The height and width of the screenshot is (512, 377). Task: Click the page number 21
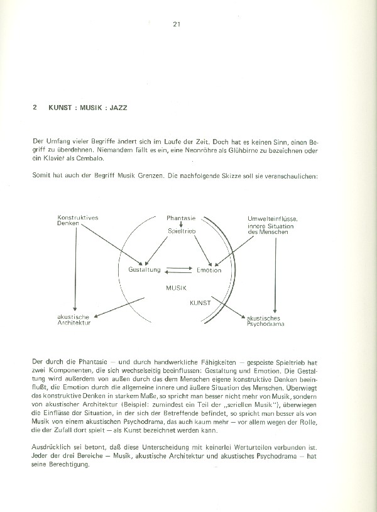[x=177, y=25]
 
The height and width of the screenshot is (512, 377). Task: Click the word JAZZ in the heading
[x=117, y=108]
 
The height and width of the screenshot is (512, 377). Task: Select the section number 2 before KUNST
[x=35, y=108]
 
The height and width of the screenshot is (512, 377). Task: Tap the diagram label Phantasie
[x=181, y=218]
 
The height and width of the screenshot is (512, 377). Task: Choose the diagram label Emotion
[x=209, y=270]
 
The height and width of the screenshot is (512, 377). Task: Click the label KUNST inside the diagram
[x=200, y=303]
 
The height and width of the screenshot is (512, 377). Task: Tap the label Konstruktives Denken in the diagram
[x=77, y=221]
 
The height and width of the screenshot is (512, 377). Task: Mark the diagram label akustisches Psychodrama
[x=262, y=321]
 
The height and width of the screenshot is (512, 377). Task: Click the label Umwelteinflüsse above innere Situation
[x=272, y=218]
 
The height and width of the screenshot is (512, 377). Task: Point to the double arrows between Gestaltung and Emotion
[x=178, y=270]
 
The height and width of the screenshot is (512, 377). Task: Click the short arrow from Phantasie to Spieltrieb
[x=181, y=225]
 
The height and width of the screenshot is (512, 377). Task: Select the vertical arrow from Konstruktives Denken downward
[x=75, y=270]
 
